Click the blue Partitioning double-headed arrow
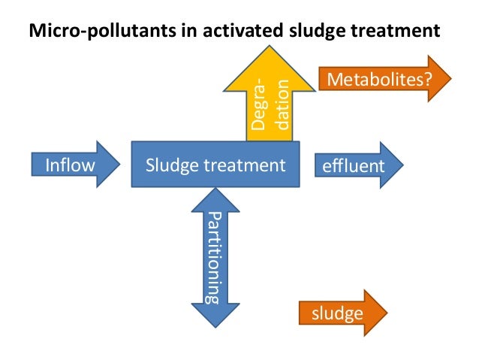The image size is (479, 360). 215,256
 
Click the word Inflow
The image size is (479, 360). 66,165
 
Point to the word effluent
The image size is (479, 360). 352,165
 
